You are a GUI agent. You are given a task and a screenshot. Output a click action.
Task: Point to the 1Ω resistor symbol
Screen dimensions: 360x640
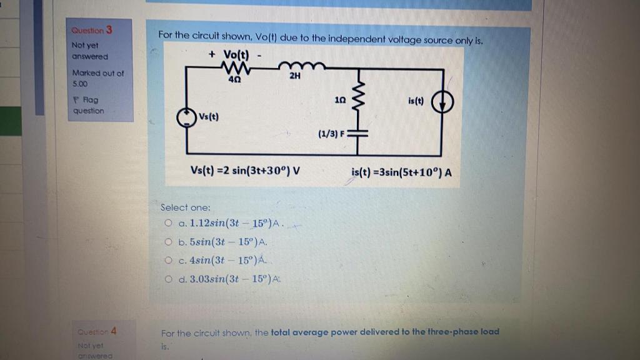[x=359, y=101]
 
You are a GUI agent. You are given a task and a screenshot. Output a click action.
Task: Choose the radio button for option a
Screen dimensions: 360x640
[x=168, y=222]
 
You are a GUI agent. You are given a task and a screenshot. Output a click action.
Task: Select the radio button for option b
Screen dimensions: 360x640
[x=168, y=241]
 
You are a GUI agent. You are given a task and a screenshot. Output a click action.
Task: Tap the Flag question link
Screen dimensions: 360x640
[x=88, y=105]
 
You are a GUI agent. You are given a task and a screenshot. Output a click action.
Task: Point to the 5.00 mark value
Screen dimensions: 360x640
[x=80, y=82]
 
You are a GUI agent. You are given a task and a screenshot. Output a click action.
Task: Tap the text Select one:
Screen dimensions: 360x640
[x=186, y=207]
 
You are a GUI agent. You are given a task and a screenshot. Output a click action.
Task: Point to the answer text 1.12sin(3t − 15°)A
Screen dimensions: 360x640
[x=231, y=223]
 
